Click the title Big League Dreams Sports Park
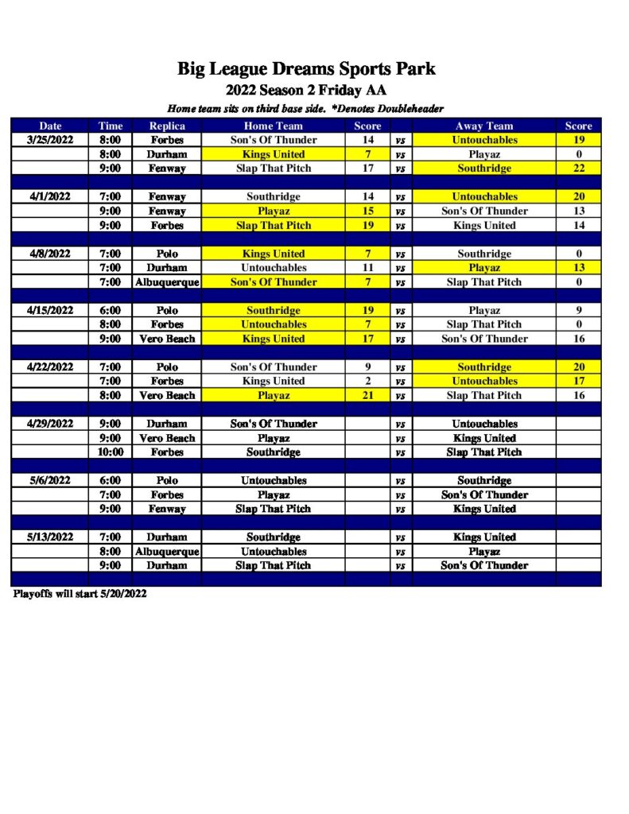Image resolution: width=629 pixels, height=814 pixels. [306, 68]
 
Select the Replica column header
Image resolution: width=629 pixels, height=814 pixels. [167, 126]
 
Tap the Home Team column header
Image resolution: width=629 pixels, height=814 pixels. [273, 126]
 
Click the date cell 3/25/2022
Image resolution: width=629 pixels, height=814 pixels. [50, 140]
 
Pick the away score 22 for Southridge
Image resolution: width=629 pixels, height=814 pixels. [578, 169]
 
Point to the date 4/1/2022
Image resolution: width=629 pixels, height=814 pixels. [50, 196]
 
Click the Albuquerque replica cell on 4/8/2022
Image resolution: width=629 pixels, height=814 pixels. [167, 282]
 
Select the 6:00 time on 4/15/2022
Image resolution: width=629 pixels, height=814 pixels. [111, 310]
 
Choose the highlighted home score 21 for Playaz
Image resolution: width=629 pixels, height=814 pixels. [367, 395]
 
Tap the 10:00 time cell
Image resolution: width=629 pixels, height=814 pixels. [111, 452]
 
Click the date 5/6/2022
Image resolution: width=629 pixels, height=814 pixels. [50, 480]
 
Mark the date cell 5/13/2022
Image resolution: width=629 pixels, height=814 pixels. [50, 537]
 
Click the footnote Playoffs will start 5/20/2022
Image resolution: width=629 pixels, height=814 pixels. [80, 594]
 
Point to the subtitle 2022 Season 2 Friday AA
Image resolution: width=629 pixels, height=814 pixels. [306, 90]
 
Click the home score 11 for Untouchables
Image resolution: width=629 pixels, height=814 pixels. [367, 268]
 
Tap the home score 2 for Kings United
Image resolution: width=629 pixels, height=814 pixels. [367, 381]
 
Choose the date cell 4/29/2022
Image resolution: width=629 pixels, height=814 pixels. [50, 424]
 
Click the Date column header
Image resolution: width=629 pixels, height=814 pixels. [50, 126]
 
